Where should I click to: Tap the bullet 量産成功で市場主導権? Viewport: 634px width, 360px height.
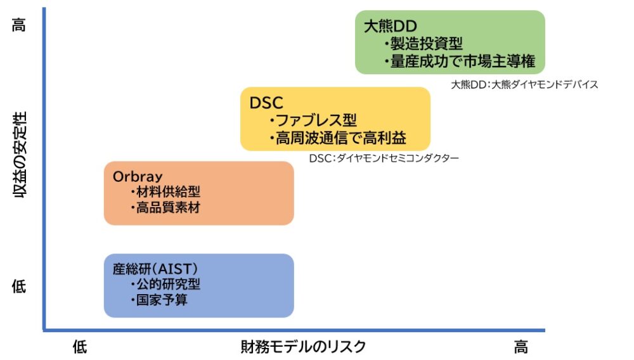click(x=460, y=61)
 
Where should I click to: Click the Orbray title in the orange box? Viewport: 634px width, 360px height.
click(x=138, y=176)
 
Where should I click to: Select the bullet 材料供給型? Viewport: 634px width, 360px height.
click(x=165, y=192)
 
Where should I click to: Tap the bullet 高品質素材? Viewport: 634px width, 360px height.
click(x=165, y=207)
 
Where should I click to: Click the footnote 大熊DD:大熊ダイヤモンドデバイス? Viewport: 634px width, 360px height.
click(x=524, y=84)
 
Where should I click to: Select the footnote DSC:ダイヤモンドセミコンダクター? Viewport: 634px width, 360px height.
click(x=384, y=158)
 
